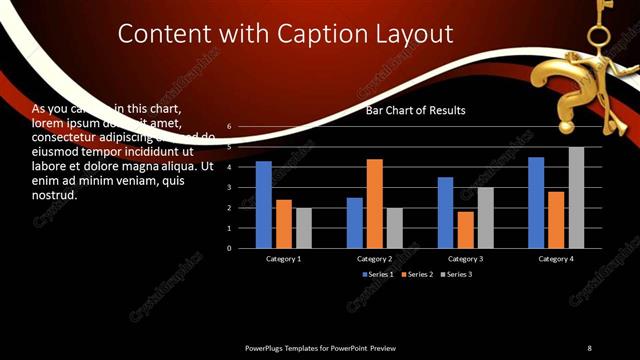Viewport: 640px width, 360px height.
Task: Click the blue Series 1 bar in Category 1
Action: pyautogui.click(x=263, y=204)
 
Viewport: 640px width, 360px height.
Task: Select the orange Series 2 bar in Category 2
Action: pyautogui.click(x=374, y=203)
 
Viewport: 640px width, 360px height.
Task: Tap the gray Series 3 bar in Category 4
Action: pyautogui.click(x=576, y=197)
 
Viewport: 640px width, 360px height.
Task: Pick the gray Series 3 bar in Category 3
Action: pyautogui.click(x=485, y=217)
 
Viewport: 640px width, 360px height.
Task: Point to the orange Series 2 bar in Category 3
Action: pyautogui.click(x=465, y=229)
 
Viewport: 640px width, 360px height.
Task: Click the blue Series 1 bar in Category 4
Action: pyautogui.click(x=536, y=202)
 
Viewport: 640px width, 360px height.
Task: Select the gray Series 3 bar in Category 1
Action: pyautogui.click(x=303, y=227)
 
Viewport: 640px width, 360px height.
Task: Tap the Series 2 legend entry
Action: pyautogui.click(x=417, y=274)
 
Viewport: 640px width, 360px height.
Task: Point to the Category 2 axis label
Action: pyautogui.click(x=374, y=259)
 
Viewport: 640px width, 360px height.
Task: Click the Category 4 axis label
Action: pyautogui.click(x=556, y=259)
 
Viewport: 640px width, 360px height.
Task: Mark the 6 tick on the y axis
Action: pyautogui.click(x=229, y=127)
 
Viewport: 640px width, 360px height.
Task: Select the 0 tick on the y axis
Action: pyautogui.click(x=229, y=248)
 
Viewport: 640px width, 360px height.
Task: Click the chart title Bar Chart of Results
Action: pyautogui.click(x=415, y=110)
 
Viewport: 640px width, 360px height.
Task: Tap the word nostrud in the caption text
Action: pyautogui.click(x=55, y=194)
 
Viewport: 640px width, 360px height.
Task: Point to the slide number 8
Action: pyautogui.click(x=589, y=347)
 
